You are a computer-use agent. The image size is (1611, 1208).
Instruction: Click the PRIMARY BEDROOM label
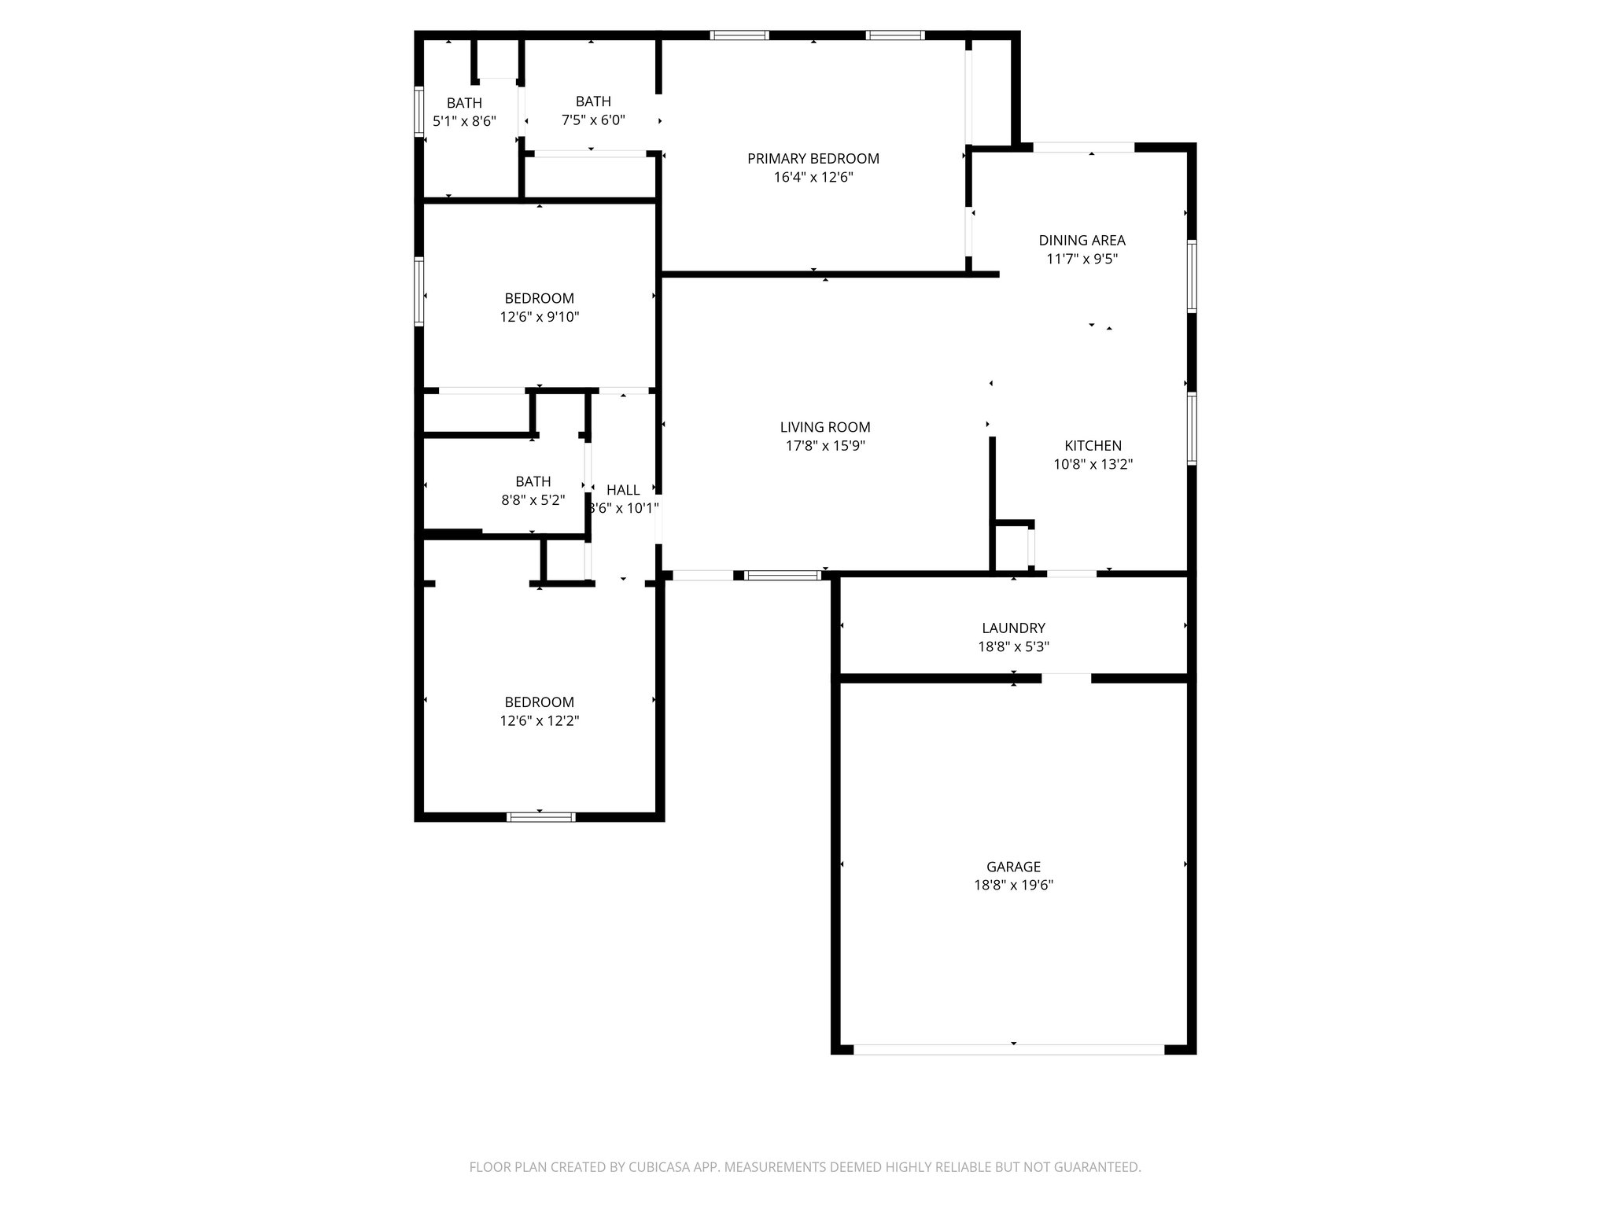[813, 159]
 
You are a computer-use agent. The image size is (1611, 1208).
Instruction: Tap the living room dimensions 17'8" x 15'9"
[824, 446]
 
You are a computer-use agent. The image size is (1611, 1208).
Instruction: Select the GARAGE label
[1013, 867]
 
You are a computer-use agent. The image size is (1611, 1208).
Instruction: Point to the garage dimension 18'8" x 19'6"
[1013, 886]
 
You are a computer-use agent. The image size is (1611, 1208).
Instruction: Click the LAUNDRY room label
[1013, 628]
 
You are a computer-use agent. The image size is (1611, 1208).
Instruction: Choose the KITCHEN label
[1093, 446]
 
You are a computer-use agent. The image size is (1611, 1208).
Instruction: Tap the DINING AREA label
[1082, 241]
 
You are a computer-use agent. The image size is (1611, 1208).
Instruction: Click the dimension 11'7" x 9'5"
[1082, 260]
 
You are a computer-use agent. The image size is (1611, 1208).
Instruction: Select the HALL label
[623, 490]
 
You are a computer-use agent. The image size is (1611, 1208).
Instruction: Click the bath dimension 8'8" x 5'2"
[533, 500]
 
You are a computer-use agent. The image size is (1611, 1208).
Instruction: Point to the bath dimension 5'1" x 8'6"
[464, 122]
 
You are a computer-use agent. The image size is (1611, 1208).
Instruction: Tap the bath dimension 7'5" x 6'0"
[593, 120]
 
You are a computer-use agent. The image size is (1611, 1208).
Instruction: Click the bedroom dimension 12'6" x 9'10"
[539, 317]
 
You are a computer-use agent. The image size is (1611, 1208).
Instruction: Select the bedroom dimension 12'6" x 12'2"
[539, 721]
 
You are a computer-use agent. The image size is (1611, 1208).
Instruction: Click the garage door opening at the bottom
[1008, 1049]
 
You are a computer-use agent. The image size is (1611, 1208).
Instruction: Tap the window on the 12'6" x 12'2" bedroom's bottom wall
[541, 817]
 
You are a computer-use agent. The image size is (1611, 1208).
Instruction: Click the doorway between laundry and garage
[1066, 678]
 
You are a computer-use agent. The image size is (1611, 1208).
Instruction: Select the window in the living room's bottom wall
[783, 576]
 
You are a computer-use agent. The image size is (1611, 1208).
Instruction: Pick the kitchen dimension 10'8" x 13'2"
[1093, 465]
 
